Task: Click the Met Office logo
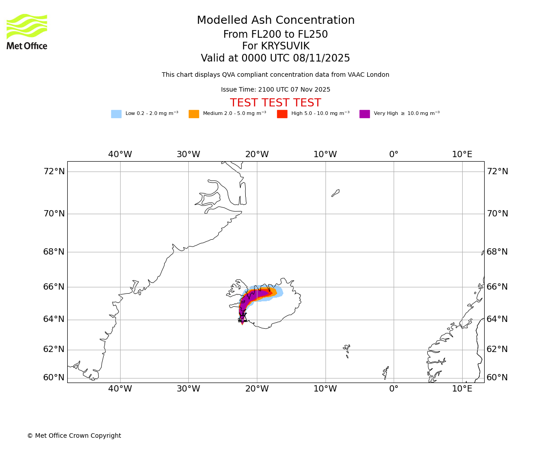27,31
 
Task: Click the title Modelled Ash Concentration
276,21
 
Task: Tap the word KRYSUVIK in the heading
286,46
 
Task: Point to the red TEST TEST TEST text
275,103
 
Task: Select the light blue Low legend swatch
116,114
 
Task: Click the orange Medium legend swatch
194,114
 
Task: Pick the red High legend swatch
282,114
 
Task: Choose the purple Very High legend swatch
364,114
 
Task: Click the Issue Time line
275,90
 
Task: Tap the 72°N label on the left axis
54,172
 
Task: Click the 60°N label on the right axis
497,378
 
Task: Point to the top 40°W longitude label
120,154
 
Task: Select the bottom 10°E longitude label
462,389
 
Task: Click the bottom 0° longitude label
394,389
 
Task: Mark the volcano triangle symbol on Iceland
243,317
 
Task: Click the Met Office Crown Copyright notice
74,436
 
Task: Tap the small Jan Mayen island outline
335,193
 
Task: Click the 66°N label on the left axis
54,287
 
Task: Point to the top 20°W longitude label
257,154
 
